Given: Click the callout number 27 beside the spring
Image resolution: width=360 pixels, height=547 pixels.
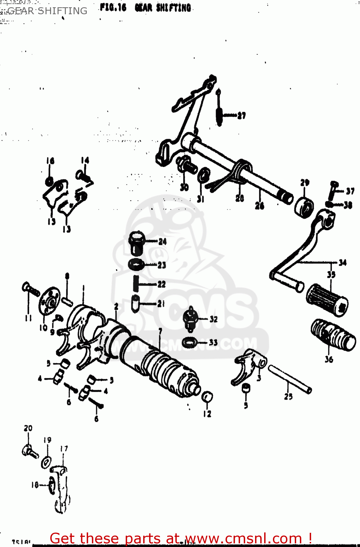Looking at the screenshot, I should coord(242,116).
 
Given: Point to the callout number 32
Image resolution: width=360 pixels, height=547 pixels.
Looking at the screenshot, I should coord(214,319).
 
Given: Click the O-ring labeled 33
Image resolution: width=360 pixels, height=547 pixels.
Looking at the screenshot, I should coord(189,342).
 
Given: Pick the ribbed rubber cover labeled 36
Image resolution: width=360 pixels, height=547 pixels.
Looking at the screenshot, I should coord(333,335).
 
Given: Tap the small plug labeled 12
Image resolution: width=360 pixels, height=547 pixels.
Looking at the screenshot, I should coord(207,397).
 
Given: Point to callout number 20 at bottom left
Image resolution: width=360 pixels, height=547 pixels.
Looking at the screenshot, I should coord(28,428).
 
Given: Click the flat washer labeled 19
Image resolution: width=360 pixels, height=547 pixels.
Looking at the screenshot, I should coord(46,462).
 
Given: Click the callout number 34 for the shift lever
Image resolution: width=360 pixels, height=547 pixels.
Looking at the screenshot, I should coord(343,263).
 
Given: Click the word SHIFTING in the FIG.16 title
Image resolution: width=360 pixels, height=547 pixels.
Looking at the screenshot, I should coord(173,8).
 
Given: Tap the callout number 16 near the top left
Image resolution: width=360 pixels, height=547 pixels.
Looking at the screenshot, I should coord(50,160).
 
